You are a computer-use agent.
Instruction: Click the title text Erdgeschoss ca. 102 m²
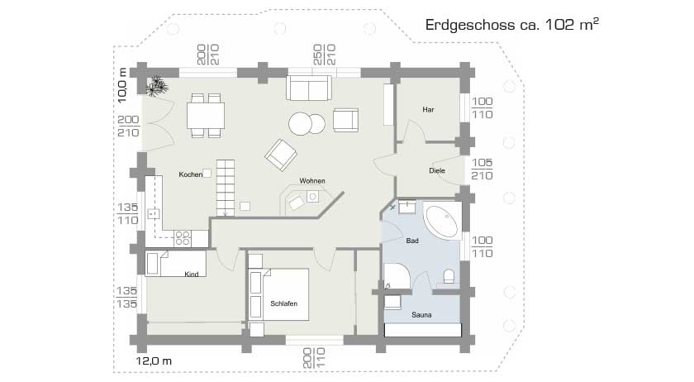point(511,24)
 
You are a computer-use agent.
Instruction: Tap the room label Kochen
point(191,174)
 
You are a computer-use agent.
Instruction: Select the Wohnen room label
point(312,181)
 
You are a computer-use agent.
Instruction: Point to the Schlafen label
point(283,303)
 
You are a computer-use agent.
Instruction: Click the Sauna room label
point(421,315)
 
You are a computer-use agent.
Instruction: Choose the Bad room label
point(412,241)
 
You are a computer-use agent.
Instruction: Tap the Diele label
point(437,170)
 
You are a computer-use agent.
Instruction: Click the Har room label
point(428,109)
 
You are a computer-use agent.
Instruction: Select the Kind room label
point(191,275)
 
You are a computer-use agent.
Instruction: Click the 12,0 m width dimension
point(154,361)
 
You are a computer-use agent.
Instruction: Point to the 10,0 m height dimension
point(122,85)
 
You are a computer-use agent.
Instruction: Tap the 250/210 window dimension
point(325,55)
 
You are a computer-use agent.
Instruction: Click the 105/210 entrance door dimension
point(482,170)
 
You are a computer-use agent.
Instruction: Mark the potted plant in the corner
point(157,86)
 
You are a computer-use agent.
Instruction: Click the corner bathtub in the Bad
point(442,221)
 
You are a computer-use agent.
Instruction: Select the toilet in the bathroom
point(449,276)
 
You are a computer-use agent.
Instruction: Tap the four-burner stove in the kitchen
point(183,238)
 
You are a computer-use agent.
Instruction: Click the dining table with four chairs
point(206,115)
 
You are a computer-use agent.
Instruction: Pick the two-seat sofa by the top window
point(308,88)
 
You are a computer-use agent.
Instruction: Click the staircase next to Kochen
point(226,188)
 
